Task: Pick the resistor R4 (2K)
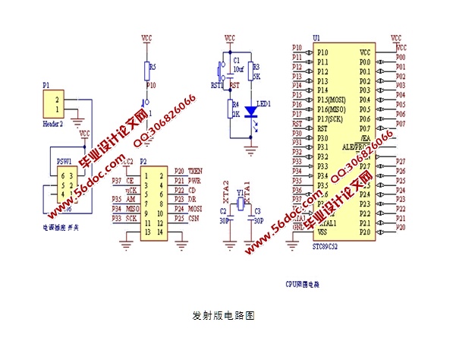[231, 112]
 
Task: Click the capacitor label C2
[223, 211]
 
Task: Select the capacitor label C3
[257, 211]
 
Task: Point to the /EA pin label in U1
[366, 139]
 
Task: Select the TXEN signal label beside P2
[194, 170]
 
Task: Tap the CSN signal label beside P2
[194, 218]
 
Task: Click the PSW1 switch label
[65, 161]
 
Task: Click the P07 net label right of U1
[401, 124]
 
